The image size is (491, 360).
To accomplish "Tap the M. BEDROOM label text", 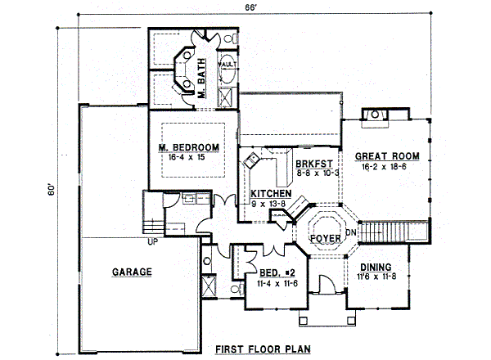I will pyautogui.click(x=189, y=147).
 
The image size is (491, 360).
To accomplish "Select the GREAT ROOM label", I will pyautogui.click(x=387, y=155).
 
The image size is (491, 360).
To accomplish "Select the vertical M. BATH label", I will pyautogui.click(x=202, y=81).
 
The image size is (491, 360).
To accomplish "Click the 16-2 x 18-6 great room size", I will pyautogui.click(x=387, y=166).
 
